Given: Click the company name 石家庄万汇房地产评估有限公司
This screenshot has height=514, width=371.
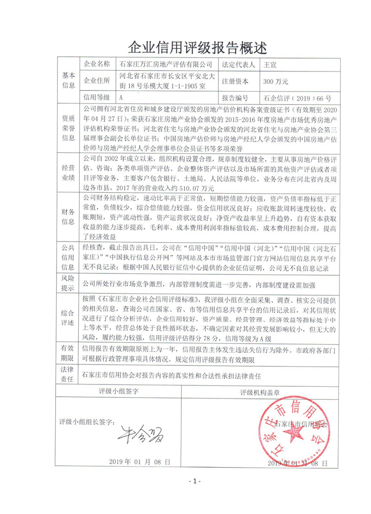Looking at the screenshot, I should [x=166, y=64].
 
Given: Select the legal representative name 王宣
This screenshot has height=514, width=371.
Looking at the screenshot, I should [x=270, y=64].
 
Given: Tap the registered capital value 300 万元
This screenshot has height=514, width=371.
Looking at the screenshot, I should [x=276, y=81].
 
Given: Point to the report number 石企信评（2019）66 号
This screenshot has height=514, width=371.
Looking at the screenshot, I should [x=297, y=98].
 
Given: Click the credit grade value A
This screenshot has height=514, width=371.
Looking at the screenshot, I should [x=121, y=98].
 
